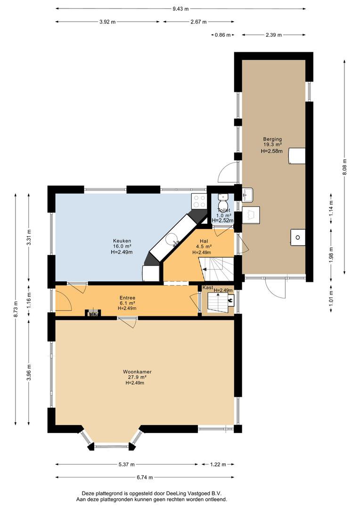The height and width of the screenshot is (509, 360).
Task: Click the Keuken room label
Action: tap(122, 241)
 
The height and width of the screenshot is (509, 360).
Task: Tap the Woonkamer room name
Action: tap(137, 372)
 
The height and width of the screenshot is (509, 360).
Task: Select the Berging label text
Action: tap(272, 139)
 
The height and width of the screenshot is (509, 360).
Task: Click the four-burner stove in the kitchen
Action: tap(199, 201)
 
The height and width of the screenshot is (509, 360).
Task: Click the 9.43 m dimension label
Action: tap(180, 9)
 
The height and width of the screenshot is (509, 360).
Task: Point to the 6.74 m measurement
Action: tap(145, 477)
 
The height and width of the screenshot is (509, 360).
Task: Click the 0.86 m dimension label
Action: tap(223, 35)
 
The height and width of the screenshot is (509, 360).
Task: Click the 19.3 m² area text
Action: tap(272, 145)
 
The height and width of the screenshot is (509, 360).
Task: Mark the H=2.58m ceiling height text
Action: tap(272, 151)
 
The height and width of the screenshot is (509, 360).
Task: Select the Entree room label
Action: tap(127, 298)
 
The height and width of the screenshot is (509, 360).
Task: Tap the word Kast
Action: tap(208, 287)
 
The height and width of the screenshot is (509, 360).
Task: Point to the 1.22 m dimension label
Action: tap(218, 464)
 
